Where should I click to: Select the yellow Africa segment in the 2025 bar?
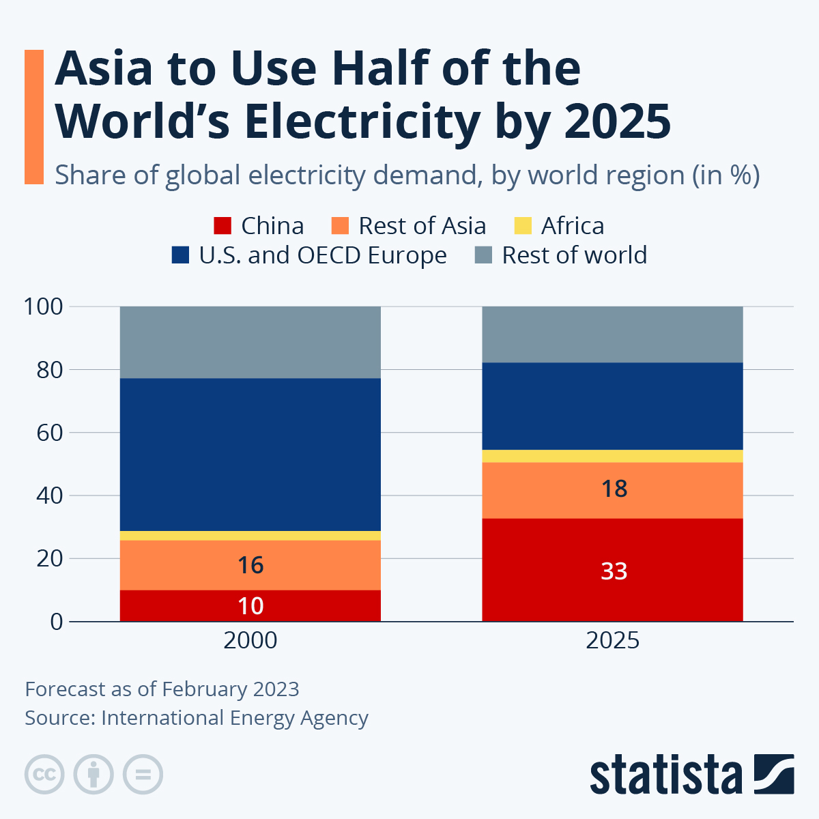pos(612,456)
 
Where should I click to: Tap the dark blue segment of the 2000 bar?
pos(250,454)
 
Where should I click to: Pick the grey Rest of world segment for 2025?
pos(612,334)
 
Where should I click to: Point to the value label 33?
pos(614,571)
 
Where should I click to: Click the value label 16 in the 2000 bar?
pos(250,565)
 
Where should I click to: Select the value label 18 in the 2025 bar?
pos(614,489)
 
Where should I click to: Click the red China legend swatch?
pos(222,225)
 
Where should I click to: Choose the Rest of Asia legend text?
pos(422,225)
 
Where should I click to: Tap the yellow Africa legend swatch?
pos(522,225)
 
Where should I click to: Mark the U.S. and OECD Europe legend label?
pos(323,255)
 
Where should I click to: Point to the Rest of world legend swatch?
pos(483,255)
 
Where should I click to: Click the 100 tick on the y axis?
pos(44,306)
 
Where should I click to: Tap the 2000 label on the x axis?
pos(250,640)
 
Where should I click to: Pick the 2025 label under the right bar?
pos(612,640)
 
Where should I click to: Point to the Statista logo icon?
pos(774,774)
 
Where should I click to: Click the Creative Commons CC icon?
pos(44,775)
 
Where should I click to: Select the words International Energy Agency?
pos(235,718)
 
